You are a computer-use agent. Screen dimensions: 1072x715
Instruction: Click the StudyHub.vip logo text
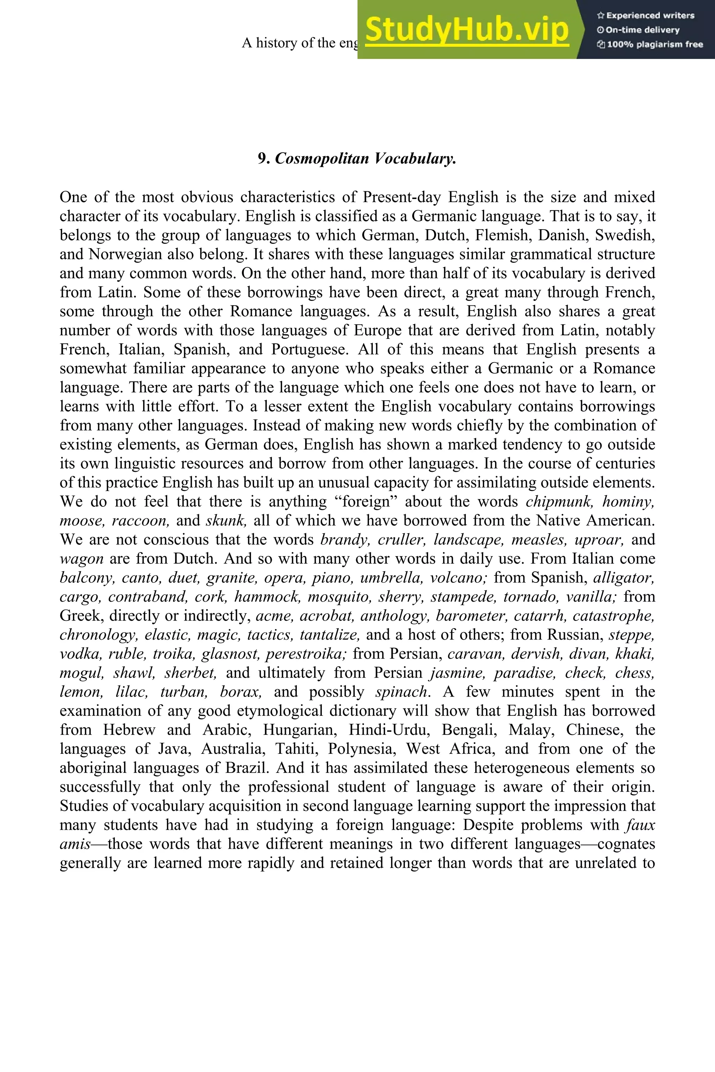467,29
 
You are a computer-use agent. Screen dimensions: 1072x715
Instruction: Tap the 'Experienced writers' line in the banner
646,15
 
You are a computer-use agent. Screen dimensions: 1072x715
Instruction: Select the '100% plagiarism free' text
650,44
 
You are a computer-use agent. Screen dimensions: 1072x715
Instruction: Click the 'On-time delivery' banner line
639,30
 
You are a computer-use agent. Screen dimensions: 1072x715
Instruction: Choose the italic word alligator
624,578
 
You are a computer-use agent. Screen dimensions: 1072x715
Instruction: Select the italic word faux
641,825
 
